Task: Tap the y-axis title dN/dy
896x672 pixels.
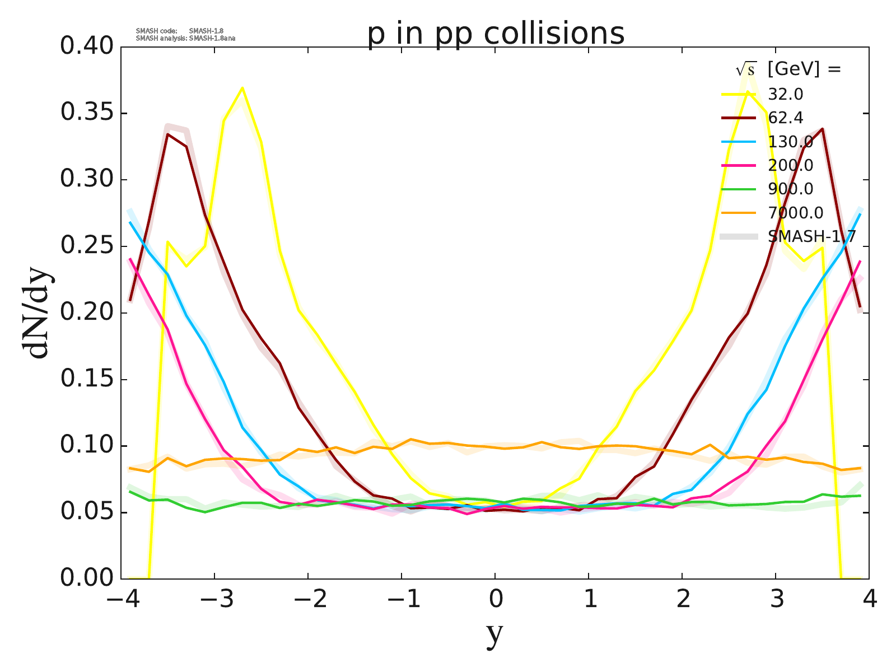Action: tap(37, 312)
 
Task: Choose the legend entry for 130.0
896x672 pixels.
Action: tap(790, 142)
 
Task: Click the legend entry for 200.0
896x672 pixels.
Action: tap(790, 165)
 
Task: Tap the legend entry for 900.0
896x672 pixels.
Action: tap(790, 189)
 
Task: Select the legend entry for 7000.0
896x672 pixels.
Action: tap(796, 213)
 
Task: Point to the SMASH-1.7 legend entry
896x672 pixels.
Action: tap(811, 236)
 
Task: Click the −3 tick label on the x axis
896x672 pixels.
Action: tap(214, 600)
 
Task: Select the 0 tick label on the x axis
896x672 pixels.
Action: tap(495, 600)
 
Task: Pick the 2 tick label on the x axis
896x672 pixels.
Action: tap(682, 600)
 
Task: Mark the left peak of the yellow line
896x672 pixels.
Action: tap(242, 88)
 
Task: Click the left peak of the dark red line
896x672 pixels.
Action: tap(167, 134)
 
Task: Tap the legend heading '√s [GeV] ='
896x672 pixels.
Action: tap(788, 69)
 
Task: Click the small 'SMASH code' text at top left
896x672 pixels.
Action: tap(156, 31)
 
